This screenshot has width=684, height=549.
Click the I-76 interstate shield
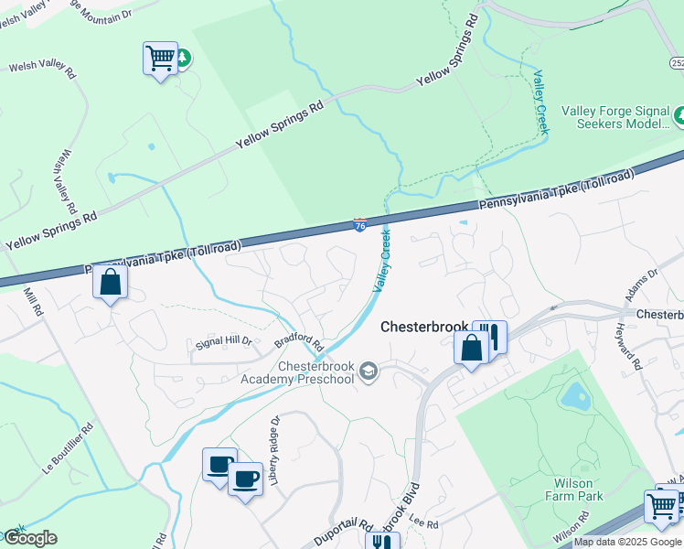pos(360,224)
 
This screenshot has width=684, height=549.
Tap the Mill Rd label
pos(34,302)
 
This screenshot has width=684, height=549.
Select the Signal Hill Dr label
pos(223,342)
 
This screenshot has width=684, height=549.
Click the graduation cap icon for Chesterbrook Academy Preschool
pos(368,371)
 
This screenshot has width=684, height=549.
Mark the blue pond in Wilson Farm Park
pos(573,395)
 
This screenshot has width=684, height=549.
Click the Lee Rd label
pos(424,523)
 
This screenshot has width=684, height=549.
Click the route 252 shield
pos(677,62)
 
